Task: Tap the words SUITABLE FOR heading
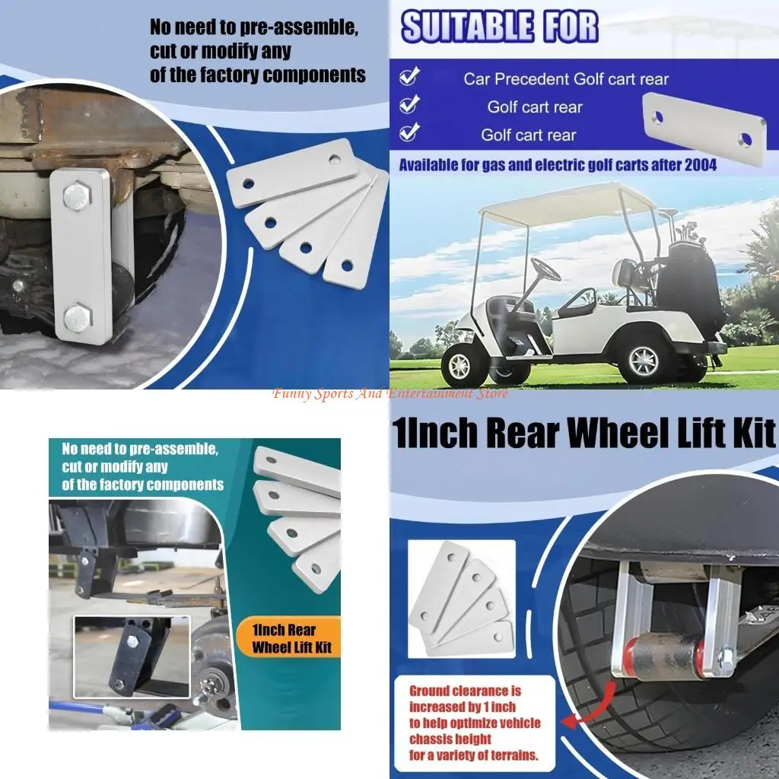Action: (500, 27)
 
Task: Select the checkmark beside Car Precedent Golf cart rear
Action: (409, 77)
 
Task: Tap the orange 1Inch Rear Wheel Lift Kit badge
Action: (286, 638)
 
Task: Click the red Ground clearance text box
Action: (475, 723)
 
